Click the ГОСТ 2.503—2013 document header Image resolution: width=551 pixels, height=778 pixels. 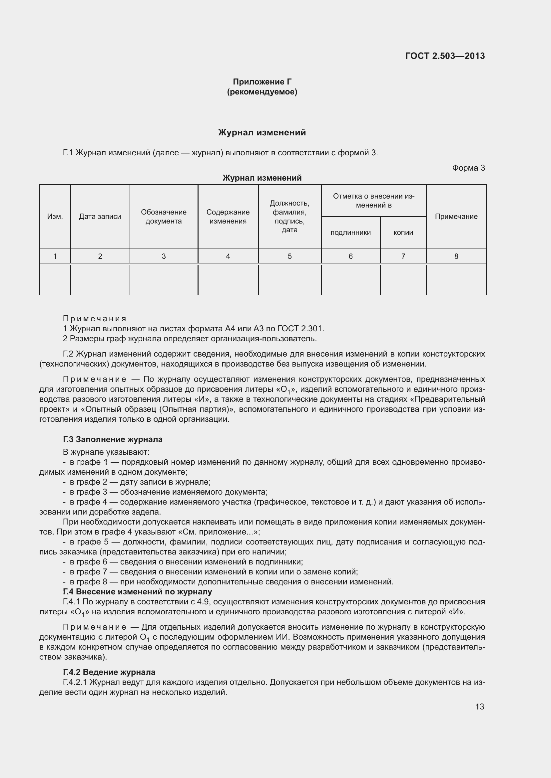tap(445, 56)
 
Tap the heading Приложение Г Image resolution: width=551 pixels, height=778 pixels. tap(262, 82)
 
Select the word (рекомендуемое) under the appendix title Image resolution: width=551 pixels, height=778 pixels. tap(262, 92)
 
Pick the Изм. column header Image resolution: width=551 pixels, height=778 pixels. tap(55, 217)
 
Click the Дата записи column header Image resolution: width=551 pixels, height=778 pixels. tap(100, 217)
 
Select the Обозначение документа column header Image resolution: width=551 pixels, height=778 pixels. tap(164, 217)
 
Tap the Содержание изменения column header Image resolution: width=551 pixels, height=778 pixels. tap(228, 217)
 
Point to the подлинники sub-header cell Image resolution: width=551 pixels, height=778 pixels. tap(350, 233)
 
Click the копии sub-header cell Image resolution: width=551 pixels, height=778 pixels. tap(403, 233)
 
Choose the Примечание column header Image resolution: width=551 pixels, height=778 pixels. tap(456, 217)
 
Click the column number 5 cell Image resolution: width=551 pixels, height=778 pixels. tap(289, 256)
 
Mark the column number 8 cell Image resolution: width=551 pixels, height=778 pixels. tap(456, 256)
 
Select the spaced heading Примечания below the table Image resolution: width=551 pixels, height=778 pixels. tap(95, 319)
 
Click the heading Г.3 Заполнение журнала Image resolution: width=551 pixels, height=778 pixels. tap(113, 439)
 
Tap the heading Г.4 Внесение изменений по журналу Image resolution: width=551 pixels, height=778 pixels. tap(137, 592)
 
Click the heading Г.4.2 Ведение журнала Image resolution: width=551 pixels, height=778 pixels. tap(109, 672)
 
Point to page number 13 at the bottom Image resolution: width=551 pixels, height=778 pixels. tap(479, 706)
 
